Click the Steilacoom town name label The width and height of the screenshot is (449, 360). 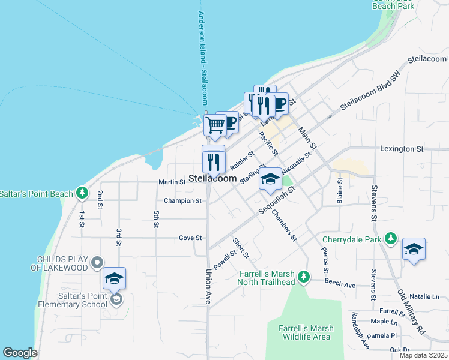coord(212,178)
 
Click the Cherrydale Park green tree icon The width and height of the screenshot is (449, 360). coord(391,239)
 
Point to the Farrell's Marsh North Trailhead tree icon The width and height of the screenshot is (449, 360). coord(304,277)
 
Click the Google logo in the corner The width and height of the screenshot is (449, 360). coord(19,353)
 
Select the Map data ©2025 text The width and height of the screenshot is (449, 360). coord(423,355)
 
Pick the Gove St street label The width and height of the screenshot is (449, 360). coord(190,238)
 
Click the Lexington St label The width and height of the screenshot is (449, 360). coord(402,148)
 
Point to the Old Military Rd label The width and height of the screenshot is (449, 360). coord(411,313)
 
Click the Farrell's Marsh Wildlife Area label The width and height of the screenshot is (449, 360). coord(304,332)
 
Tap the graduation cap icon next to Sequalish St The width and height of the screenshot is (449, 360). coord(270,179)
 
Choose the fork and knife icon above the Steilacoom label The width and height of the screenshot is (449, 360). coord(214,160)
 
